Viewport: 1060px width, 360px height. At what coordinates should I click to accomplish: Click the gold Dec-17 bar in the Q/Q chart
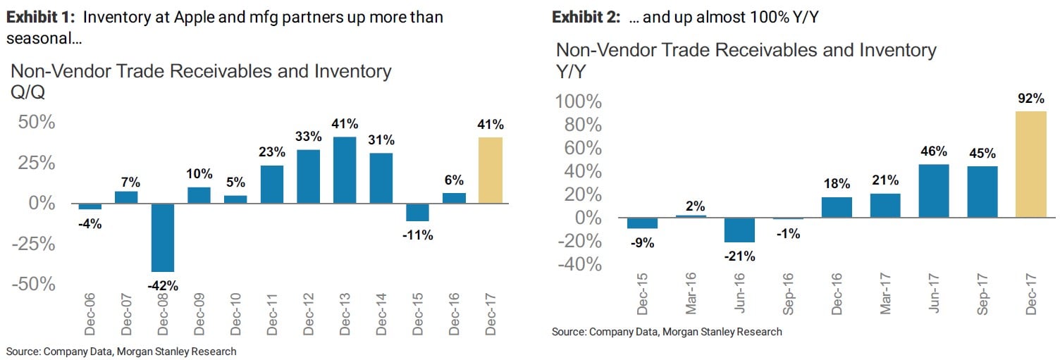[491, 170]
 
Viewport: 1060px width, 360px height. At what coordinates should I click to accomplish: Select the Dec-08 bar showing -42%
[162, 237]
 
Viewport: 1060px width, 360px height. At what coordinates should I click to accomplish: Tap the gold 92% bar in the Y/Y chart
[1030, 164]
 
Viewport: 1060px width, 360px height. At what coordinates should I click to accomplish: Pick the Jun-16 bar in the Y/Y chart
[740, 230]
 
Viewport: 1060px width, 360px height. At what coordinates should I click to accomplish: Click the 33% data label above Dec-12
[308, 137]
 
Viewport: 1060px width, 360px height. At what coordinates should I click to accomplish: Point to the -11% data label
[418, 235]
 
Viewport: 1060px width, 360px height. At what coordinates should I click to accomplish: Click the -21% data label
[740, 256]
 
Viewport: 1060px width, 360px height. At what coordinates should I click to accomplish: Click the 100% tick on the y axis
[579, 102]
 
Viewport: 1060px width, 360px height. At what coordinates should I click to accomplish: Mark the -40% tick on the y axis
[579, 265]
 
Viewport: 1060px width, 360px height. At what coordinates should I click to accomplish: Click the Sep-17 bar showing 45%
[982, 192]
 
